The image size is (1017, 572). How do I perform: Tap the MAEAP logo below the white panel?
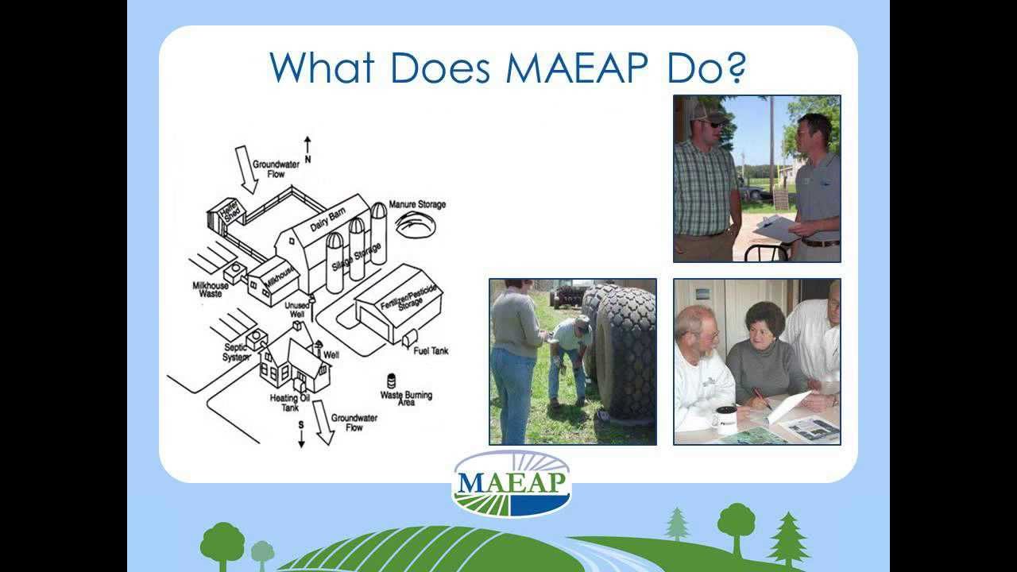pyautogui.click(x=512, y=484)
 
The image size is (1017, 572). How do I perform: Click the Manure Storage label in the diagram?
pyautogui.click(x=417, y=204)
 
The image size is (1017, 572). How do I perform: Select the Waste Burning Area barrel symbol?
pyautogui.click(x=391, y=381)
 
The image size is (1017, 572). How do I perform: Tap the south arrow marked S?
pyautogui.click(x=301, y=434)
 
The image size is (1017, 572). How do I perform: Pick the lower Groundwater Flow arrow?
pyautogui.click(x=322, y=421)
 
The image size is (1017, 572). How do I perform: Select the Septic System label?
pyautogui.click(x=236, y=352)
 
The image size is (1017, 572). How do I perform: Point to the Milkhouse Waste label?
pyautogui.click(x=211, y=289)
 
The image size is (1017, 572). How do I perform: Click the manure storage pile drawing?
pyautogui.click(x=416, y=226)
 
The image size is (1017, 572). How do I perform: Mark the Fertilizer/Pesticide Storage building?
pyautogui.click(x=397, y=302)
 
